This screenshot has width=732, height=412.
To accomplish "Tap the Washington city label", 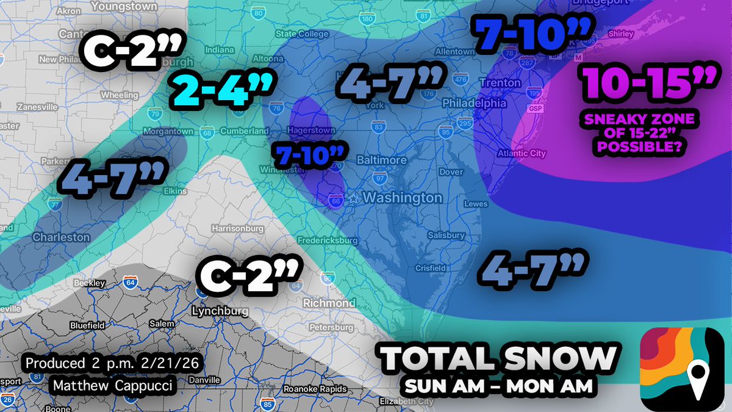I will point(403,198).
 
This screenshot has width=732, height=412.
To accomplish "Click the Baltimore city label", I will point(381,160).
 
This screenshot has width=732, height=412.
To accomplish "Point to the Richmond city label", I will point(329,303).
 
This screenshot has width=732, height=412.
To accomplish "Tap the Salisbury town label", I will point(447,235).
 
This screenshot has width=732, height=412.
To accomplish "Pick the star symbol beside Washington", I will point(353,198).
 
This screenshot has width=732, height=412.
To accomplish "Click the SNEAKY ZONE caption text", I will point(637,129).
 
